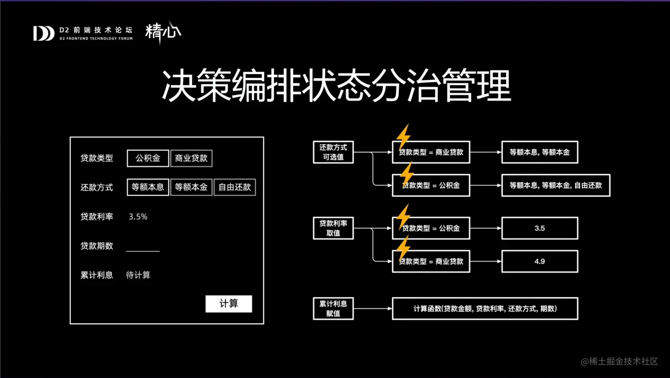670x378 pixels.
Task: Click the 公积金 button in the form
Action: click(x=148, y=158)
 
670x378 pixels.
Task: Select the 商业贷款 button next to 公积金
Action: click(x=191, y=158)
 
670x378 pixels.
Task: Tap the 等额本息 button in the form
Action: click(x=148, y=187)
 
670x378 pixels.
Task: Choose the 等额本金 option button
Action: click(x=191, y=187)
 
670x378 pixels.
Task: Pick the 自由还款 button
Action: click(x=234, y=187)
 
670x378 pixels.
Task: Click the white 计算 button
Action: click(x=229, y=304)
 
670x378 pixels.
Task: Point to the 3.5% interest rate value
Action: click(x=138, y=217)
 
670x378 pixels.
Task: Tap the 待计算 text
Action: click(x=138, y=275)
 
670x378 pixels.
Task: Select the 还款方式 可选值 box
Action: click(x=333, y=152)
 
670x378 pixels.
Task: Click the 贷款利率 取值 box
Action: click(x=333, y=228)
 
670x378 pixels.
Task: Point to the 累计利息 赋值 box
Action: click(x=333, y=309)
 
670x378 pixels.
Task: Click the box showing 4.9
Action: click(x=539, y=261)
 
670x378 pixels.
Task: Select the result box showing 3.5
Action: click(x=539, y=228)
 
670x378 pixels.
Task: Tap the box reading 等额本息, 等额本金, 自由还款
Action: click(x=556, y=185)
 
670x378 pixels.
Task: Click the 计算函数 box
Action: click(x=485, y=309)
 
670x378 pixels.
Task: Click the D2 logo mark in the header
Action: click(x=43, y=33)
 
